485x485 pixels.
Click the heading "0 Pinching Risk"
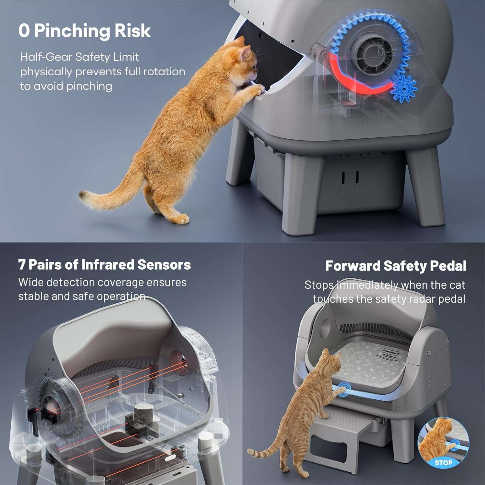tap(85, 31)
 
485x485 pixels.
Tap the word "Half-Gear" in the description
tap(46, 57)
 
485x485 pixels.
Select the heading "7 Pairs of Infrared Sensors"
tap(104, 264)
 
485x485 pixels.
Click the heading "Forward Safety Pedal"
tap(396, 266)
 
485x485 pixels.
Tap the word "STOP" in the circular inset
tap(443, 463)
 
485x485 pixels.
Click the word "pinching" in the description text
tap(89, 86)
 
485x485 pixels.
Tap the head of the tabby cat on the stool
tap(330, 361)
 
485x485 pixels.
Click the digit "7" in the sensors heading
tap(22, 264)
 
